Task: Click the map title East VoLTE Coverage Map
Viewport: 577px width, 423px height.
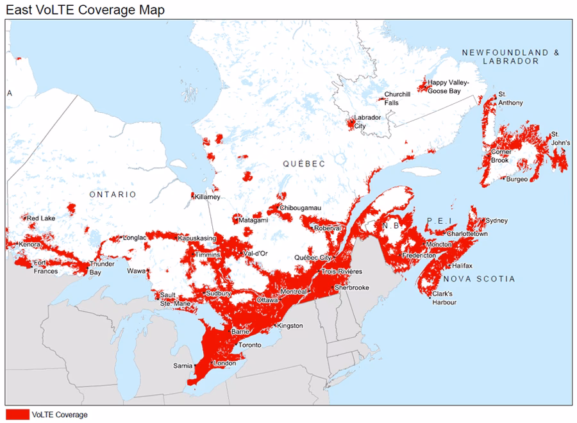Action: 85,10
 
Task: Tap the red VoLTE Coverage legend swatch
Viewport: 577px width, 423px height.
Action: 17,415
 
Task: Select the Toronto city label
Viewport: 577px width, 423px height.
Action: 249,345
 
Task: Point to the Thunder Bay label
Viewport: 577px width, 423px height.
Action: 102,268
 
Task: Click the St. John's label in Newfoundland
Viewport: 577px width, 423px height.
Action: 559,138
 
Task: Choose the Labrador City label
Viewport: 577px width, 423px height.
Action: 369,122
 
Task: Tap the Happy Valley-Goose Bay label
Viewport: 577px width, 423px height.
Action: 448,87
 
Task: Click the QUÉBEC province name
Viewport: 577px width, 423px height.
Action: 305,164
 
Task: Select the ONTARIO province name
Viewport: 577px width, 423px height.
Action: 113,194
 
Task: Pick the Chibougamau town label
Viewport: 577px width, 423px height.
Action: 300,208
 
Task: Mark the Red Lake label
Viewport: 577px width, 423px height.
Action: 41,219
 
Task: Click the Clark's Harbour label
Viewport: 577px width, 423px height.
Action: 444,298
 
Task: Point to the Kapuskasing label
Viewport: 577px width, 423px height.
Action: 197,238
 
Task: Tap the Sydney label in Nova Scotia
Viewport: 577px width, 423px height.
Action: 496,220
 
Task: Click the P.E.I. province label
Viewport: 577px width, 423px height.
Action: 440,221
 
